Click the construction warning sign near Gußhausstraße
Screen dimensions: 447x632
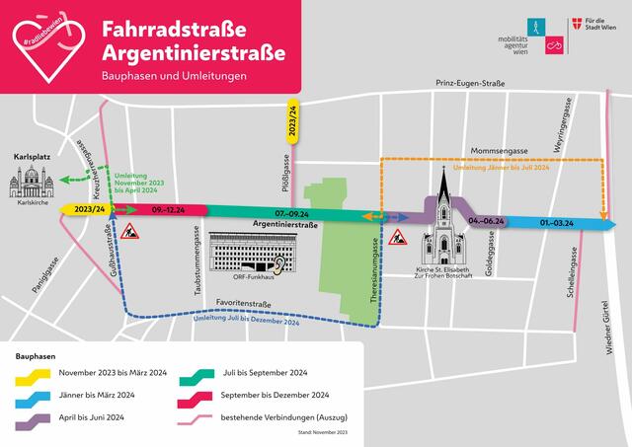(x=132, y=232)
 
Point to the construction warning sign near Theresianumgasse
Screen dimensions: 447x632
(x=398, y=237)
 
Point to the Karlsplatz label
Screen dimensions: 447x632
(x=34, y=157)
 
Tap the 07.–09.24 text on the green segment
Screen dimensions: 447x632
(x=292, y=213)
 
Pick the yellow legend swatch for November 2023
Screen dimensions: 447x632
(x=32, y=374)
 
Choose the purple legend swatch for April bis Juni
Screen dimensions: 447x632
(x=32, y=420)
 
